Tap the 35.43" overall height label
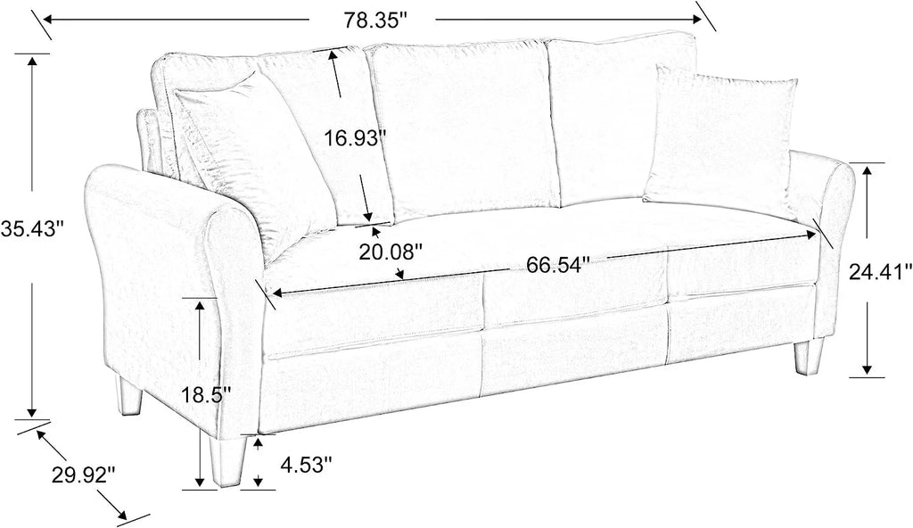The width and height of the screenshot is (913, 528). [x=31, y=228]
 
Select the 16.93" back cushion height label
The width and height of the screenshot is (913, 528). [x=355, y=139]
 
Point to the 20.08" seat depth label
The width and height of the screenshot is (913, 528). [x=390, y=252]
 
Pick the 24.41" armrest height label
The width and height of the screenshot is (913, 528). [x=880, y=271]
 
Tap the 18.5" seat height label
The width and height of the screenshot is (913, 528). [x=206, y=395]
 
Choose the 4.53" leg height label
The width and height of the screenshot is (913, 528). [x=307, y=465]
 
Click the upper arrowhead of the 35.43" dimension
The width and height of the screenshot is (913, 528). [x=33, y=62]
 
